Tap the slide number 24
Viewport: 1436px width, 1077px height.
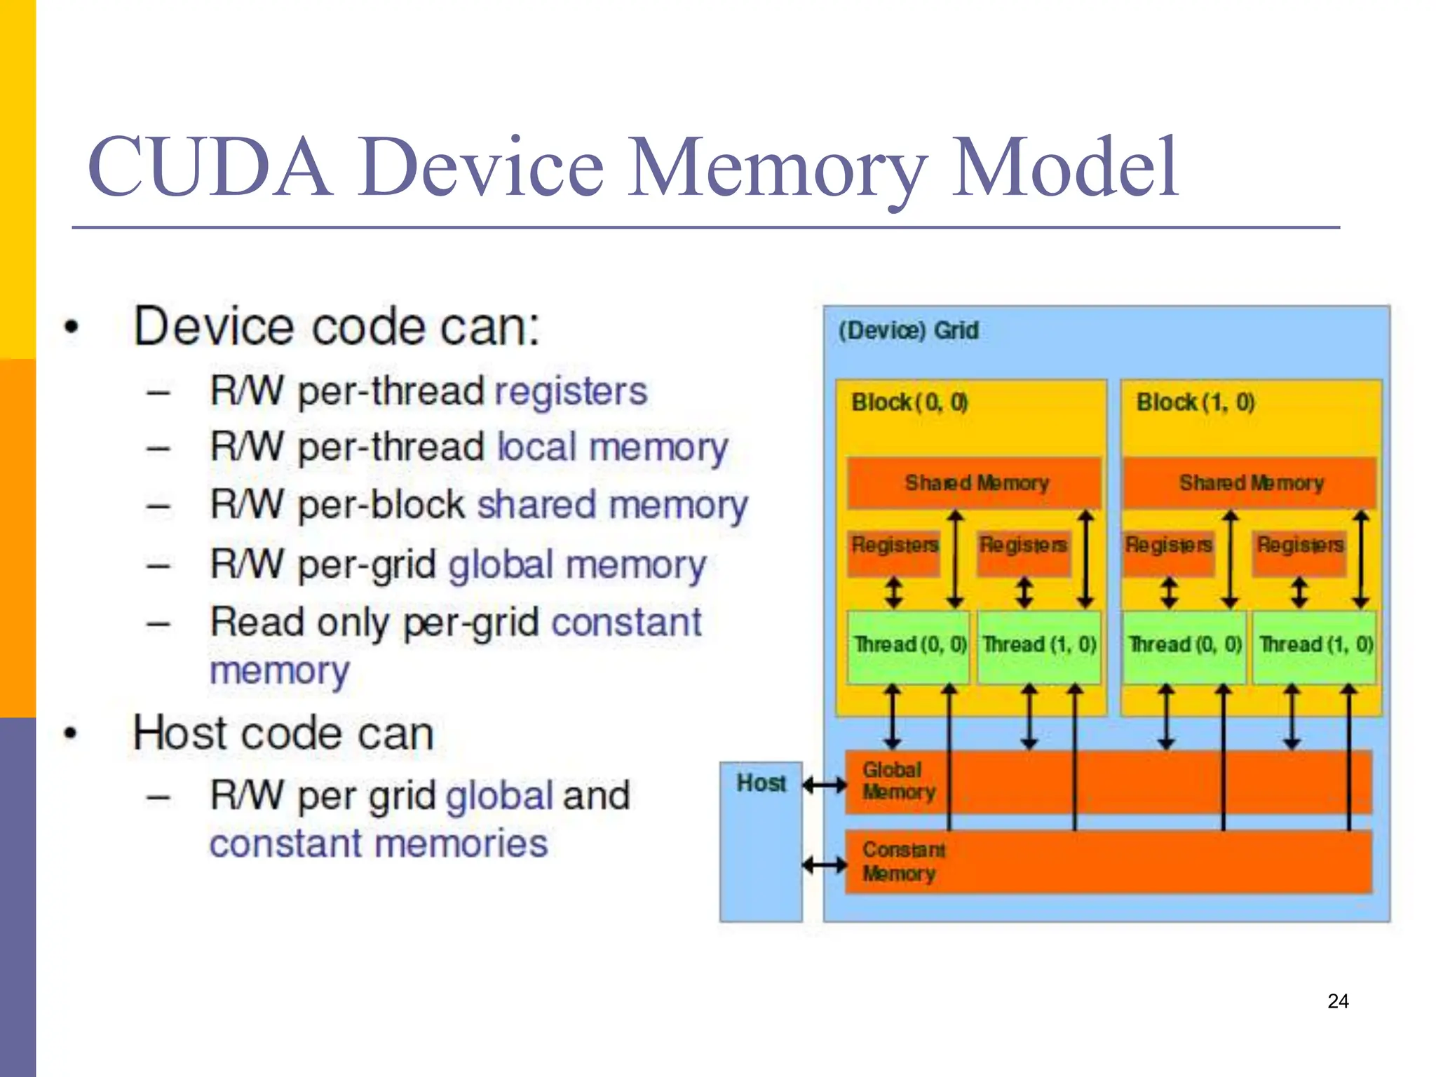[1338, 1001]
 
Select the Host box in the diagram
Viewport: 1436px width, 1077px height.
[761, 841]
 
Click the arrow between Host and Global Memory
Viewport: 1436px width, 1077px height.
[825, 785]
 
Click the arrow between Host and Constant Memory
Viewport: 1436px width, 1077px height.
[825, 865]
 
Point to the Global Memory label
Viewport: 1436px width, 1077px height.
[898, 781]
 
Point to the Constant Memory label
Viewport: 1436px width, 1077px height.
[902, 862]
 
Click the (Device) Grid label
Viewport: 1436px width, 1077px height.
[908, 330]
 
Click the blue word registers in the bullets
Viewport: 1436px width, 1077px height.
[571, 391]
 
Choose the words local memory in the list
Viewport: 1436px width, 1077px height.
[612, 447]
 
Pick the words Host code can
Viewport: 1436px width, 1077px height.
[283, 733]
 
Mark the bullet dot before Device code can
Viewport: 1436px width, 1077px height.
[71, 327]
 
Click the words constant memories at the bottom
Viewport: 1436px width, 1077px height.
[379, 843]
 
